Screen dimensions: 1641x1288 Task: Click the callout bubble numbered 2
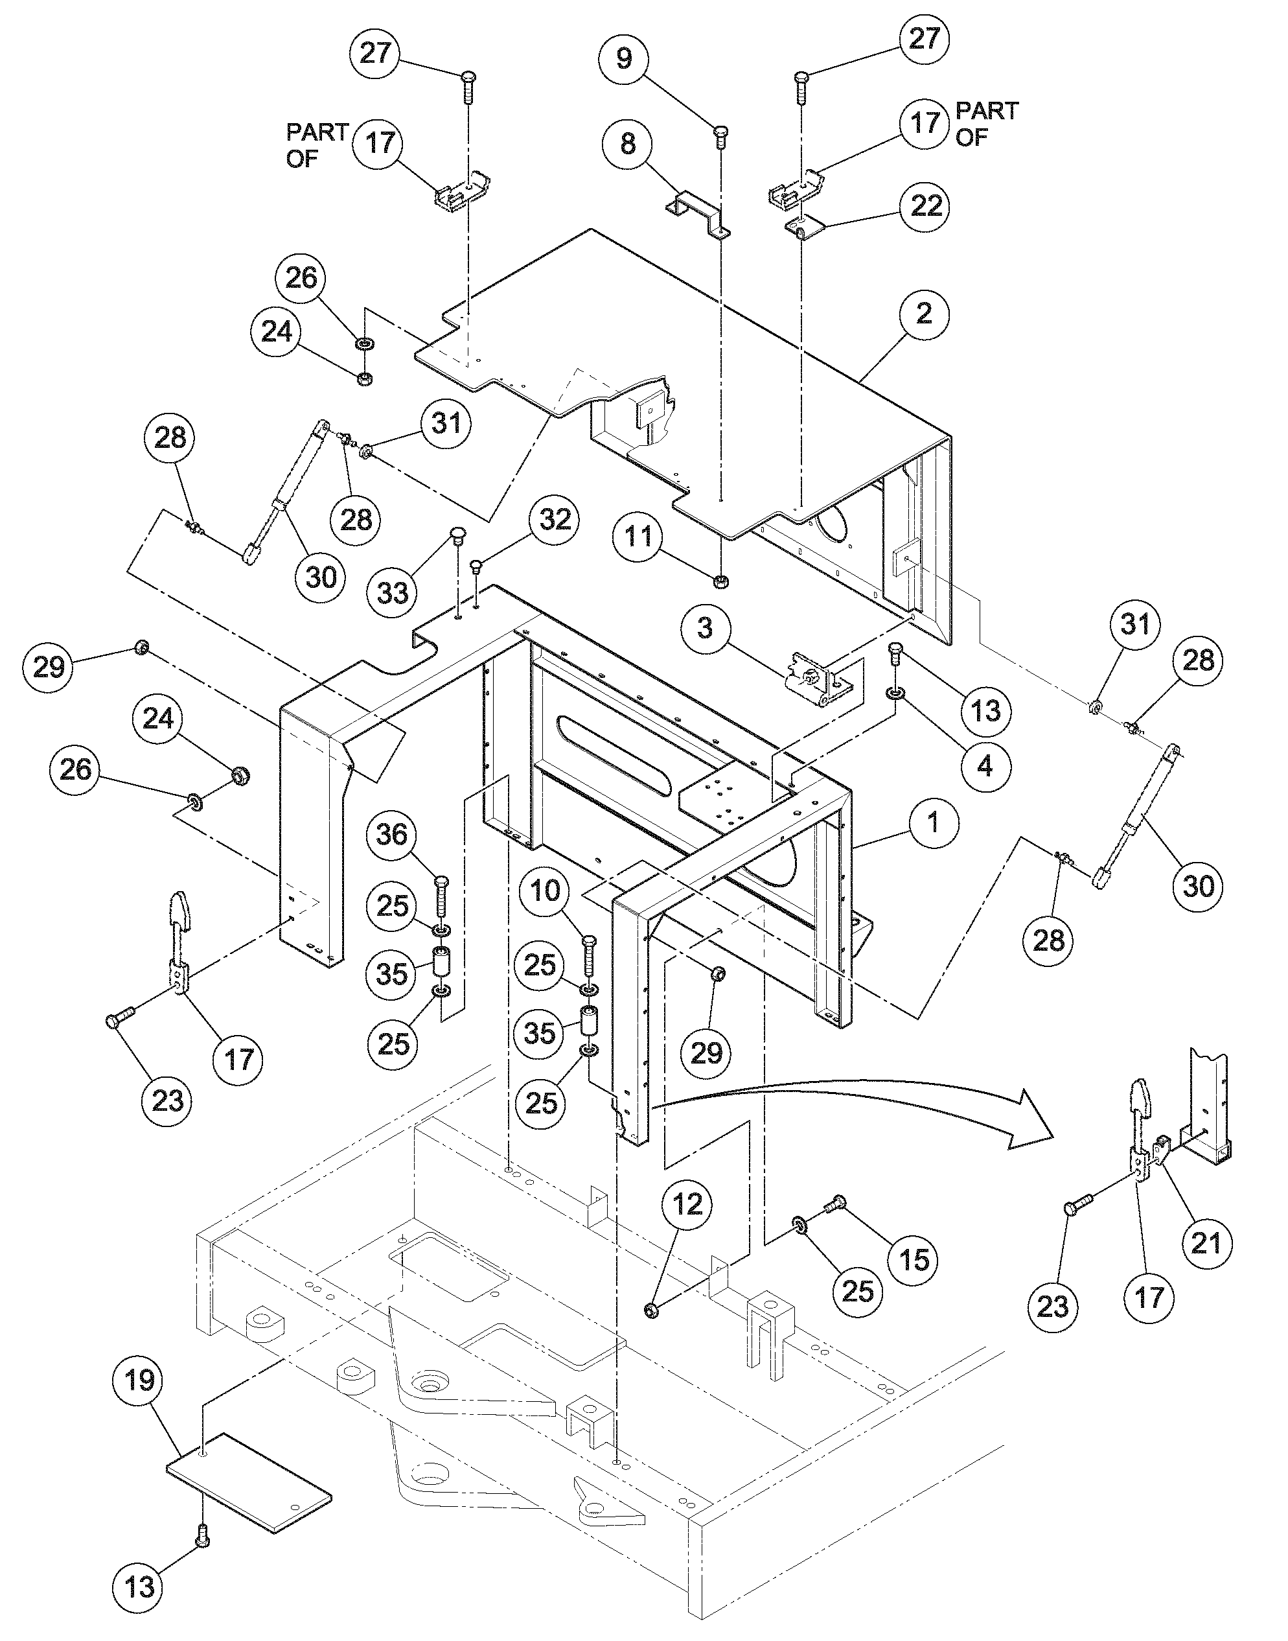coord(924,314)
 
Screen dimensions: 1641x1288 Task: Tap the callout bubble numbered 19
coord(139,1381)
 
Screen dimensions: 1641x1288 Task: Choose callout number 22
coord(926,205)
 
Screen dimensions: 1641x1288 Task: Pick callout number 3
coord(704,627)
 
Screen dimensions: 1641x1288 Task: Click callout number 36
coord(392,835)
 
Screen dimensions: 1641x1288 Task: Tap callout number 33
coord(392,594)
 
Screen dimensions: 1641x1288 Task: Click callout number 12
coord(687,1204)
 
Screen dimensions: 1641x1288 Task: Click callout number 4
coord(985,765)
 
